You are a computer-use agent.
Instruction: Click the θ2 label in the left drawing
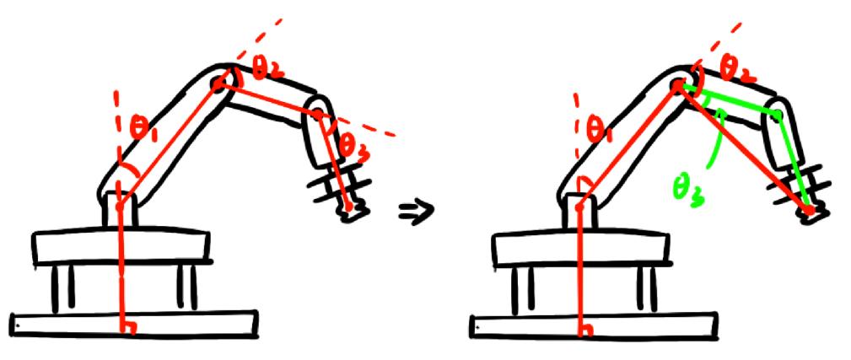pos(266,69)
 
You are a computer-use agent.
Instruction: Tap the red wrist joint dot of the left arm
pos(318,114)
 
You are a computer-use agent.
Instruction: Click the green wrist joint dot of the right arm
pos(778,114)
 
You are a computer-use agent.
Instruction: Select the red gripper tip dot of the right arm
pos(809,210)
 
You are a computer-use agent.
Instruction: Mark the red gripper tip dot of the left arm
pos(348,207)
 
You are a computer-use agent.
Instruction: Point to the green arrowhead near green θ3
pos(719,113)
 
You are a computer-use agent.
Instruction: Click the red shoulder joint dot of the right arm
pos(579,207)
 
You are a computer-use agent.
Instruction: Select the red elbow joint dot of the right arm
pos(679,84)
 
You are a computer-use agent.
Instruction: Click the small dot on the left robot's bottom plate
pos(18,325)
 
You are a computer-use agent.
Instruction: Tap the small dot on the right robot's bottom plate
pos(477,328)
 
